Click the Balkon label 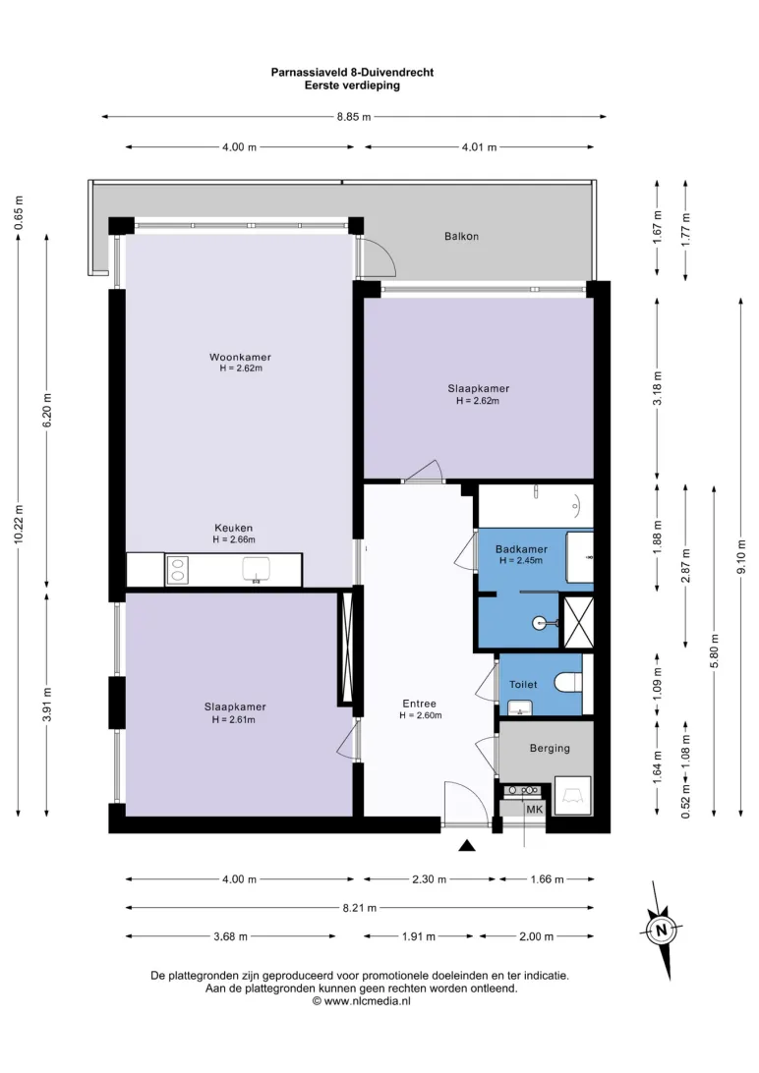tap(461, 237)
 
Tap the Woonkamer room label tap(240, 358)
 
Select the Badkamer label tap(521, 549)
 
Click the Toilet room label tap(523, 684)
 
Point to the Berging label tap(550, 748)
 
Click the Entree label tap(420, 704)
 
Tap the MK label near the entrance tap(535, 810)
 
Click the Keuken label tap(233, 529)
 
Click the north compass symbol tap(661, 930)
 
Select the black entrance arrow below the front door tap(467, 846)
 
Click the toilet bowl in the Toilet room tap(567, 682)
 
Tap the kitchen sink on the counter tap(256, 569)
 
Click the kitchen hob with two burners tap(177, 570)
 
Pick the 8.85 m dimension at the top tap(354, 117)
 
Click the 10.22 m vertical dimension tap(19, 524)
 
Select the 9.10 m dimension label tap(742, 558)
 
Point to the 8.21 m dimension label tap(360, 908)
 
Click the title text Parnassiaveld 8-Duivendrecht tap(353, 72)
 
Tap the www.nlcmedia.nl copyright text tap(362, 1000)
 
